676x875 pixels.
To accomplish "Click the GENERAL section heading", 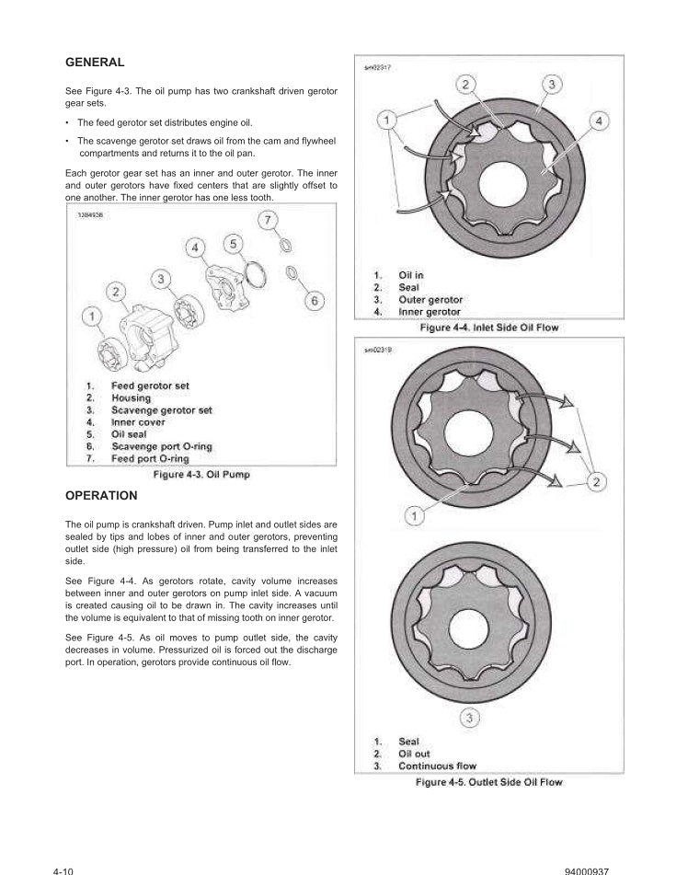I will pyautogui.click(x=95, y=63).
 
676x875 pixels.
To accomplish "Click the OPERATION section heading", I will pyautogui.click(x=101, y=495).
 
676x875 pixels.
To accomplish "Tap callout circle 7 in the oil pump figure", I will pyautogui.click(x=267, y=221).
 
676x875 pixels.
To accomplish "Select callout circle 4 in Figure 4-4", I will pyautogui.click(x=598, y=121).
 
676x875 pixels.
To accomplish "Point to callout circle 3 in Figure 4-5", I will pyautogui.click(x=468, y=719).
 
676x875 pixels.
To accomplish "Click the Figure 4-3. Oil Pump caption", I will pyautogui.click(x=201, y=475).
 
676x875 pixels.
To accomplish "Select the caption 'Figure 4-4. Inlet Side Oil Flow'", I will pyautogui.click(x=488, y=328).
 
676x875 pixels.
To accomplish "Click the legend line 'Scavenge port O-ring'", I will pyautogui.click(x=161, y=446).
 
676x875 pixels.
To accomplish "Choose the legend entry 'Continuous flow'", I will pyautogui.click(x=437, y=766).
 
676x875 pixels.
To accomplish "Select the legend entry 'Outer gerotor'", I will pyautogui.click(x=430, y=300).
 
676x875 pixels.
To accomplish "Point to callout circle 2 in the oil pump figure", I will pyautogui.click(x=116, y=292).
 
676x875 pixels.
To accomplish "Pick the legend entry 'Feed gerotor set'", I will pyautogui.click(x=150, y=386).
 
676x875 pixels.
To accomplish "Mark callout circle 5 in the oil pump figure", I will pyautogui.click(x=234, y=243).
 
